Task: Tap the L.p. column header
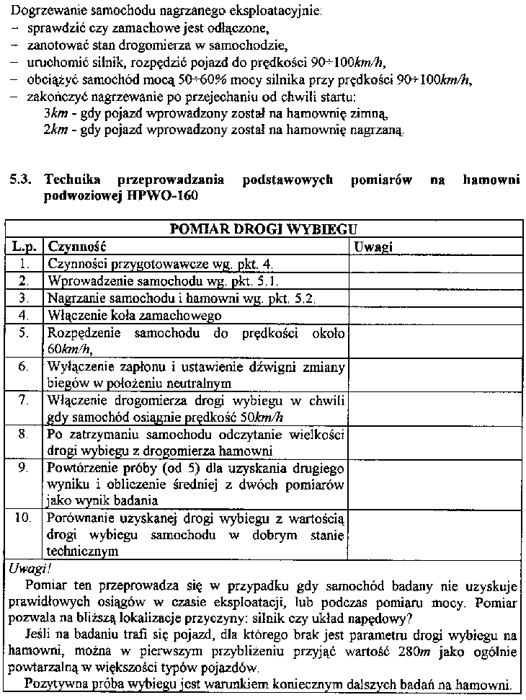(24, 247)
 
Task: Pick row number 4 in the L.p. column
(24, 316)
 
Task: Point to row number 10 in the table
(23, 518)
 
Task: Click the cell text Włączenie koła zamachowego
(134, 316)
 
